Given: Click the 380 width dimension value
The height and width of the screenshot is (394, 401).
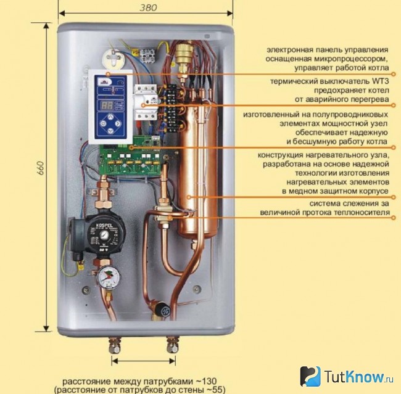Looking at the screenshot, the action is point(148,7).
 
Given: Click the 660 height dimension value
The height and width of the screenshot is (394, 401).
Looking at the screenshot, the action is point(40,168).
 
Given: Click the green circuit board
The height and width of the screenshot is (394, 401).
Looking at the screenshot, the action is point(130,157).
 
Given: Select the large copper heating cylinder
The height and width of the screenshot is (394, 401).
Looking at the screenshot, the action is point(199,170).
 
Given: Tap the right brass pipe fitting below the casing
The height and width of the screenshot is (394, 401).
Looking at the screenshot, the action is point(172,345).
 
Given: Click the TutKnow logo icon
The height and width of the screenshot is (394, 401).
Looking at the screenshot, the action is point(310,376).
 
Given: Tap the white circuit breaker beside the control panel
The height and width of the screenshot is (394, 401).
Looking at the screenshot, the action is point(146,102).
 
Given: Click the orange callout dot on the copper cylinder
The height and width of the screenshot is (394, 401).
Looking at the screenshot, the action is point(189,197).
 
